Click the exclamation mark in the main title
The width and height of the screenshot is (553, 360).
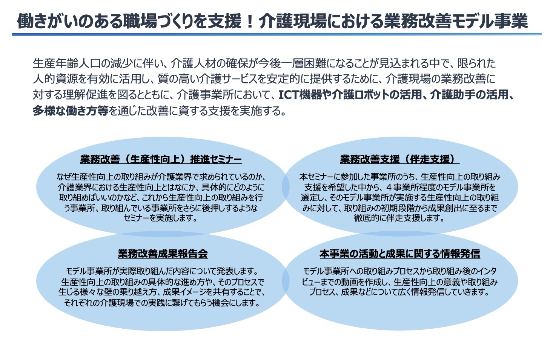(x=250, y=21)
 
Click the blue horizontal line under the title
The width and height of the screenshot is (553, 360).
(x=277, y=34)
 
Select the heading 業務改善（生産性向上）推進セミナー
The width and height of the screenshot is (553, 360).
(x=161, y=160)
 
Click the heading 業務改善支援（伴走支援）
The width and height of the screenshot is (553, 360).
(x=399, y=160)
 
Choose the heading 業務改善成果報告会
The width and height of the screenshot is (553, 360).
(x=163, y=254)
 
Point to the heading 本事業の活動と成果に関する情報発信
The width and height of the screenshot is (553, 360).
(x=400, y=254)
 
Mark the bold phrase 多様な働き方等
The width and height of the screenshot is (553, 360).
(x=71, y=111)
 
